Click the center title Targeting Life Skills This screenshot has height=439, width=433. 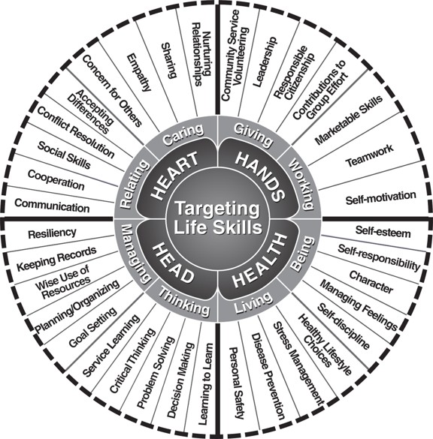tap(218, 218)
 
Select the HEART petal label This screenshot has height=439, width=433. tap(174, 176)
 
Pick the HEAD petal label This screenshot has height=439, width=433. tap(173, 263)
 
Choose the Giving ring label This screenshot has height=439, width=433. tap(253, 134)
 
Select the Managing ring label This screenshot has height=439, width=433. tap(133, 254)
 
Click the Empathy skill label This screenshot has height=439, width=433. tap(139, 73)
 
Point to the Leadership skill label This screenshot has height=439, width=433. tap(265, 62)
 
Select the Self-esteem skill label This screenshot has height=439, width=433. tap(383, 231)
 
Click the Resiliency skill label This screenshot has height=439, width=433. tap(52, 233)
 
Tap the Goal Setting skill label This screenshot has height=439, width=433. tap(92, 327)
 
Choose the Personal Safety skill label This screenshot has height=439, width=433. tap(238, 383)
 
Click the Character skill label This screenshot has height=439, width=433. tap(371, 282)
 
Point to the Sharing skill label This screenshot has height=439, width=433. tap(169, 60)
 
